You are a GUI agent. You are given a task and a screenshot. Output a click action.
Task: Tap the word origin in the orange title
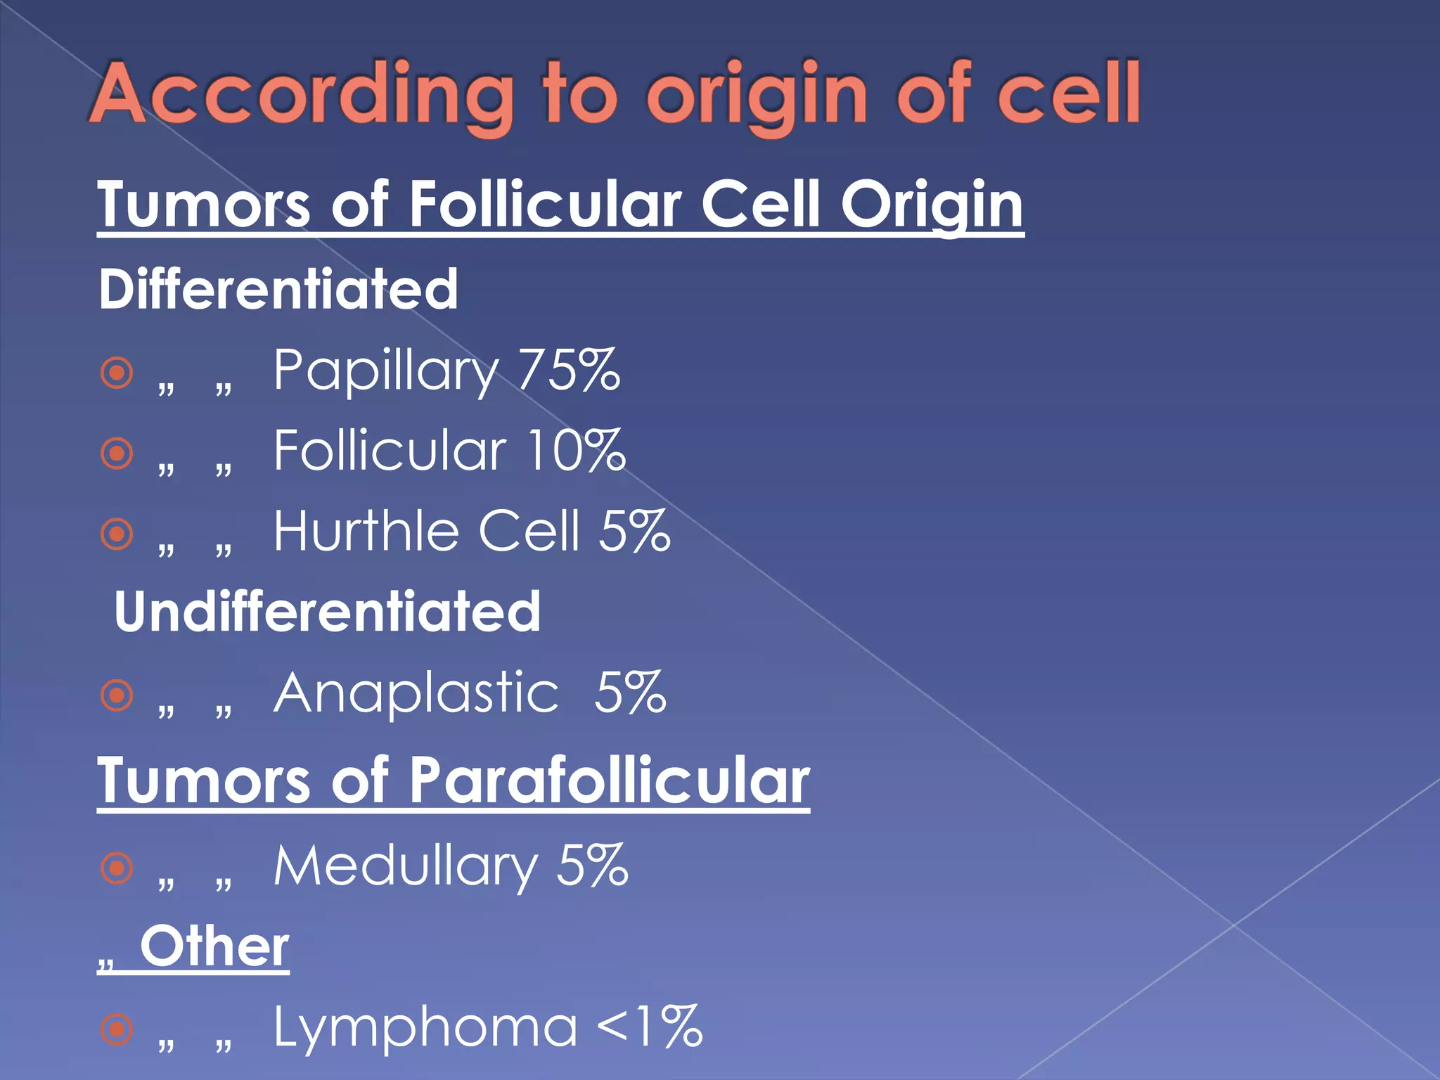757,95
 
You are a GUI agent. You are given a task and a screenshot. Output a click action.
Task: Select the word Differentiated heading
278,289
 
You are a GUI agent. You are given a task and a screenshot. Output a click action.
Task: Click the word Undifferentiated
328,612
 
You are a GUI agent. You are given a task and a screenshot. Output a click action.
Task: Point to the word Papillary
386,371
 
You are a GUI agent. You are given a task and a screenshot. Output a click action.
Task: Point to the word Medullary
406,866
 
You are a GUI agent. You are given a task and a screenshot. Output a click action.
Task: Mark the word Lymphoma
425,1027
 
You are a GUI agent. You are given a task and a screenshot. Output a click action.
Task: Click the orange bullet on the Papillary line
117,373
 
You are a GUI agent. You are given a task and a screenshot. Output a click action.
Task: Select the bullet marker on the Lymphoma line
117,1029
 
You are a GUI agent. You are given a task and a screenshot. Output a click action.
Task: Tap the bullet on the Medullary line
117,868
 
